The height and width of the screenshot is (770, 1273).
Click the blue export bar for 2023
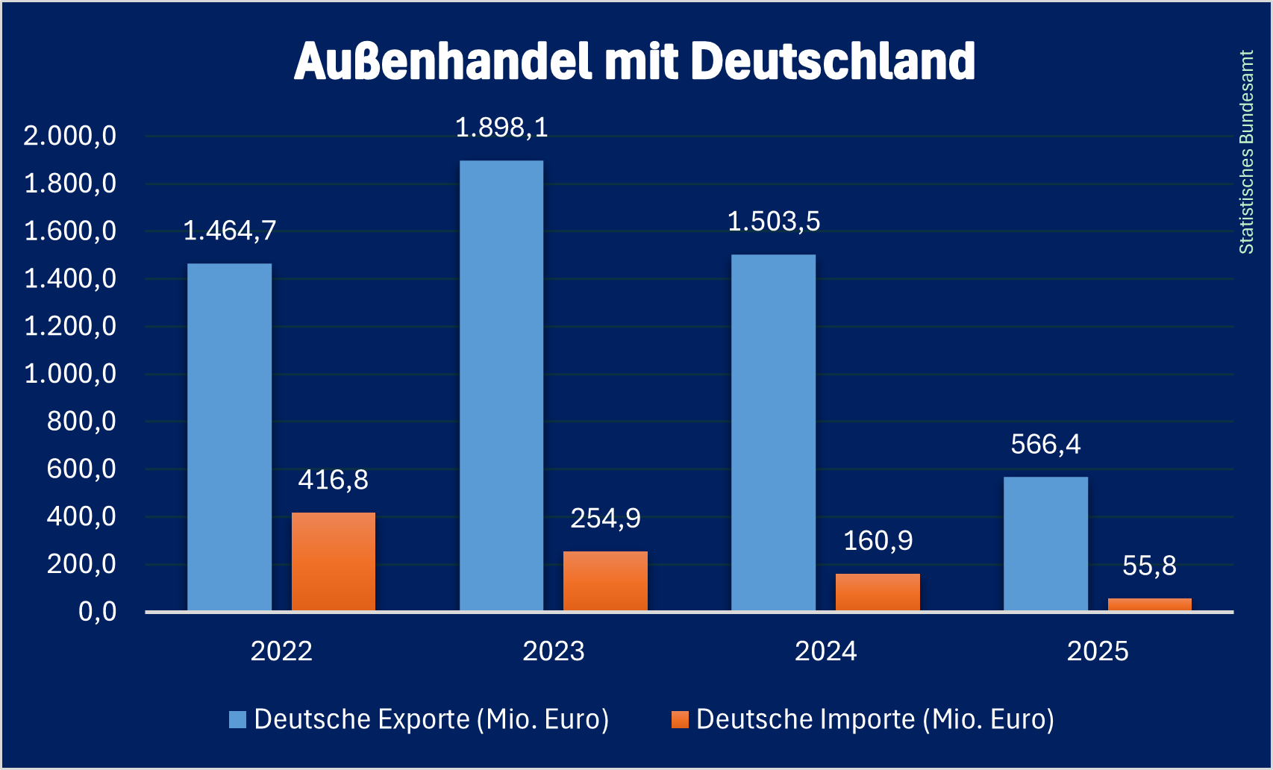[501, 386]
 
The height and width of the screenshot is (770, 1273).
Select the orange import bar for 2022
[334, 562]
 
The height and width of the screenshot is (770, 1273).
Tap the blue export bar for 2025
[1045, 544]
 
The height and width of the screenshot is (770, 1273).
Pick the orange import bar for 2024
[878, 592]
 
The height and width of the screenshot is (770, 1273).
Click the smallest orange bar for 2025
[1149, 604]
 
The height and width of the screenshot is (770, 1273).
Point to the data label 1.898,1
[501, 128]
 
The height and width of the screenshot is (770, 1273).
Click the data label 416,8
[334, 480]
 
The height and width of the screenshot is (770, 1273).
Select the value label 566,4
[1045, 445]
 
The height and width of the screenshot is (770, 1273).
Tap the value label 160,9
[878, 541]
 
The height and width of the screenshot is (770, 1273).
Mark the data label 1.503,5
[774, 222]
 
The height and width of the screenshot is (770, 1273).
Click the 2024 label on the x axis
[825, 651]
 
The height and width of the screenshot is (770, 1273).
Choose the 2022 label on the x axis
[281, 651]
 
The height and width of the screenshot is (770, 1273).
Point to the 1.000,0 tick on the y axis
[70, 374]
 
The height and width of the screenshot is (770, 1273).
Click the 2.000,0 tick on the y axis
[70, 136]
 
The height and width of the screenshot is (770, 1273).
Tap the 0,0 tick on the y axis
[97, 612]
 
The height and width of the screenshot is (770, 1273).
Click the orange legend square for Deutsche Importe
[680, 719]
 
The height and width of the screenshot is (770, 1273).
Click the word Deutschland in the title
[833, 61]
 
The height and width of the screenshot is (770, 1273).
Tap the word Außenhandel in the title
[443, 61]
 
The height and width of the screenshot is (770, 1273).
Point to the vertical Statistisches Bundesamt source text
[1246, 152]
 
